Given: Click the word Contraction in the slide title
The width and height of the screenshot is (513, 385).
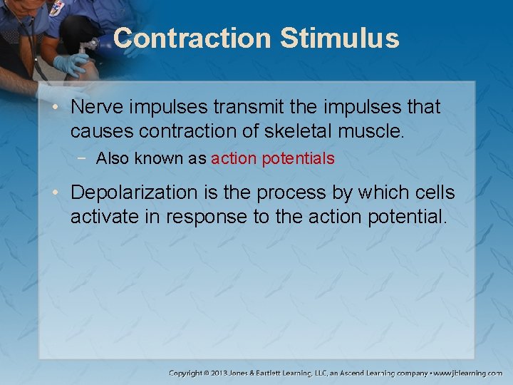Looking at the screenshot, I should click(192, 38).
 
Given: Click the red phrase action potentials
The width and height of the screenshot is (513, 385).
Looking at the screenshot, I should click(273, 158).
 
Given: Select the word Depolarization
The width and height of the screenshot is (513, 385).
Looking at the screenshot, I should click(134, 192).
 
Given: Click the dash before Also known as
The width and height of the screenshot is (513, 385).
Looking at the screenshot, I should click(85, 158).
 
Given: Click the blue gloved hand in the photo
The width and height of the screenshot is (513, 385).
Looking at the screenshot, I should click(72, 65).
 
